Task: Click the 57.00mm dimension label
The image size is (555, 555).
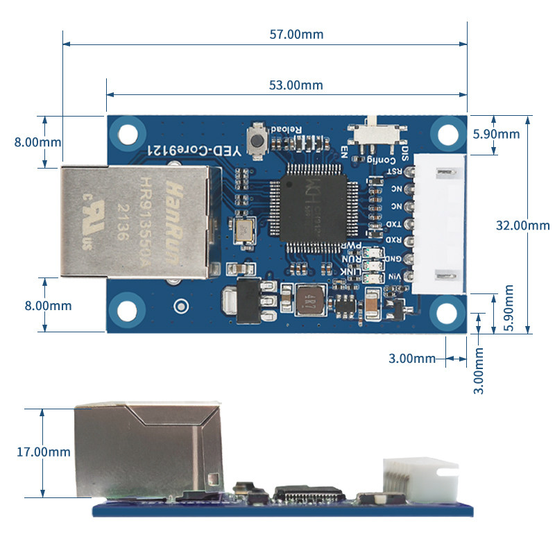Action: [296, 34]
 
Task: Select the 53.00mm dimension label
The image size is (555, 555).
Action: [296, 85]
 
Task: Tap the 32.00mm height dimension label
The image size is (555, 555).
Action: [522, 225]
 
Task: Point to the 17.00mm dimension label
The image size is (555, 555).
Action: [44, 452]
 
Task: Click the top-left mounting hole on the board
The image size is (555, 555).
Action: [128, 133]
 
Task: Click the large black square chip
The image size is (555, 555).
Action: [311, 207]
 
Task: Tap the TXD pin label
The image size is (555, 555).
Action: [393, 224]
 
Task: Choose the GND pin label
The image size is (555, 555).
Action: [393, 259]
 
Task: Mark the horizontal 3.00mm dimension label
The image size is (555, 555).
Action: [412, 359]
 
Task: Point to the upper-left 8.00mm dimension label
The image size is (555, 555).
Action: [37, 142]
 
